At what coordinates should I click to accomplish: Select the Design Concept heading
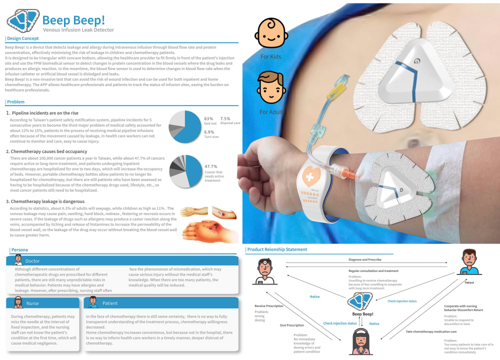22,38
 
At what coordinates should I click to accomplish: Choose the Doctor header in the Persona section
32,261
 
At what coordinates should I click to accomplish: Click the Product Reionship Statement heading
277,249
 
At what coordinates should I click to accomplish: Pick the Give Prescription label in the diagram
291,325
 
